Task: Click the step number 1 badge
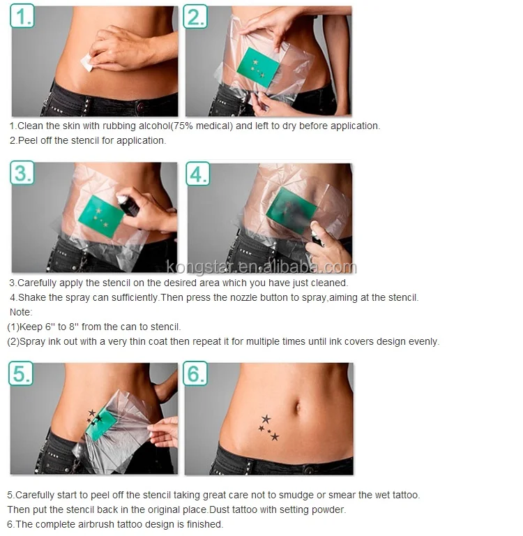[x=22, y=16]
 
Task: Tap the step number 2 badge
[x=195, y=16]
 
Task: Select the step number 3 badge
[x=22, y=172]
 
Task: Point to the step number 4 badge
[x=198, y=174]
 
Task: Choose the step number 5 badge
[x=21, y=373]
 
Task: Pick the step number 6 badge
[x=195, y=373]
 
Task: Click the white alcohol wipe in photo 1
[x=87, y=63]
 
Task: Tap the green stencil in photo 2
[x=258, y=67]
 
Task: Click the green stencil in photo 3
[x=101, y=216]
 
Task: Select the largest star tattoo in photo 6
[x=266, y=419]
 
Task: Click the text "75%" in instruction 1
[x=183, y=126]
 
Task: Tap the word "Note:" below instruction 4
[x=21, y=312]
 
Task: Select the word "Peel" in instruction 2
[x=28, y=140]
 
